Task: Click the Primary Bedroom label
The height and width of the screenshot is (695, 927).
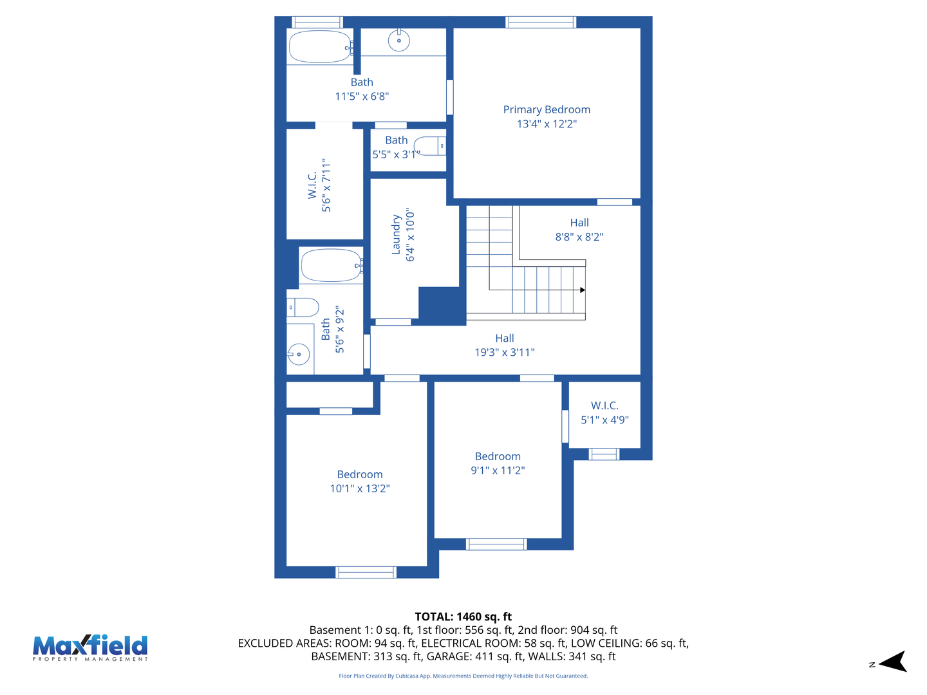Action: pos(547,109)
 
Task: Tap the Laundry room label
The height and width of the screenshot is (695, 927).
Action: pos(397,235)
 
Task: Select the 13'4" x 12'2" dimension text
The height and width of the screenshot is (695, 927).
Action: pos(547,124)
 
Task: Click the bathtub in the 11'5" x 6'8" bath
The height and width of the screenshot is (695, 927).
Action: pos(320,47)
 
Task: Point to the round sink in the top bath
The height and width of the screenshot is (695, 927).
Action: pos(399,41)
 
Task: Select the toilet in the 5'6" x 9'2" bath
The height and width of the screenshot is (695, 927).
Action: pos(303,308)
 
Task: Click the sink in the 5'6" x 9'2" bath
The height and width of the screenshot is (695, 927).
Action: pos(299,353)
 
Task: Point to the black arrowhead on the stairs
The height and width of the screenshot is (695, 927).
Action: pos(583,290)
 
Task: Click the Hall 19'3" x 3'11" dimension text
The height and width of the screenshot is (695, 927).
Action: pos(505,353)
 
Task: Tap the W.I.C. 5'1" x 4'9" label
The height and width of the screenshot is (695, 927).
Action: pos(604,405)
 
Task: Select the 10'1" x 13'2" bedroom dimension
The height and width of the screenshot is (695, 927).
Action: pos(360,489)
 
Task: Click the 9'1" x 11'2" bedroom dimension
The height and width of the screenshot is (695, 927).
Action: pos(498,471)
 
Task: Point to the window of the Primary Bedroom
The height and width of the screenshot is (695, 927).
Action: pos(540,23)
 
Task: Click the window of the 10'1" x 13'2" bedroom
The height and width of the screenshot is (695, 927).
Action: pos(366,572)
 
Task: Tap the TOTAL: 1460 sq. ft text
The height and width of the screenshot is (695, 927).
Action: pos(463,616)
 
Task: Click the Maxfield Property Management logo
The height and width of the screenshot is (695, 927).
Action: pos(90,647)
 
